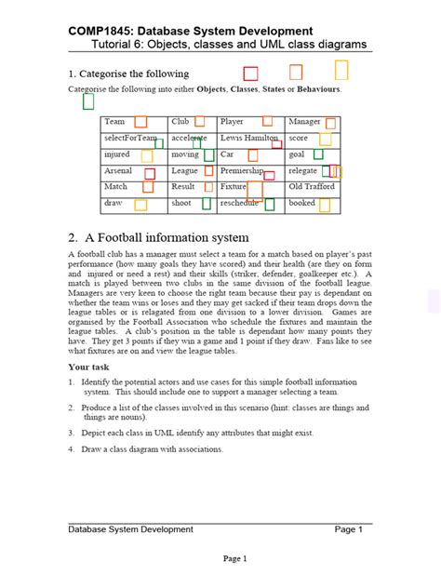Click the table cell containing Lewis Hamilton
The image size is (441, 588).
[x=248, y=138]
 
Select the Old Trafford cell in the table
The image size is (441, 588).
[x=311, y=186]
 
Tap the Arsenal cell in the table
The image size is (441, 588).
[x=118, y=171]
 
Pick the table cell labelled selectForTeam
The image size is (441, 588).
[x=130, y=138]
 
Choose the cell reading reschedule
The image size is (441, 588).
[x=240, y=202]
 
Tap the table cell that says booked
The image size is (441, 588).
[x=302, y=202]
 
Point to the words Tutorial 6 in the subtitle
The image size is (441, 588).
[x=118, y=45]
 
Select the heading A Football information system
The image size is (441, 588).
[x=159, y=236]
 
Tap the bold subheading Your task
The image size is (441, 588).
[x=90, y=367]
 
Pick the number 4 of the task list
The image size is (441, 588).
[x=72, y=449]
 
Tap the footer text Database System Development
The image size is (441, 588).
[x=130, y=529]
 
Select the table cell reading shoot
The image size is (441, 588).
[x=181, y=202]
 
